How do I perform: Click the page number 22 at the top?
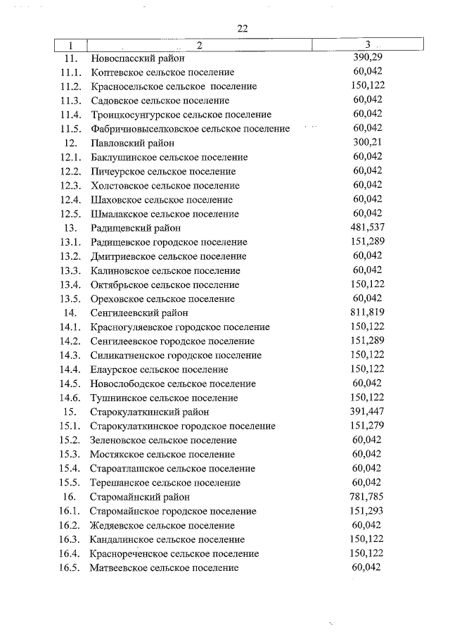coord(243,28)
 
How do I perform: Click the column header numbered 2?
coord(199,45)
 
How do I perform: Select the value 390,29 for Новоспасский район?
coord(366,58)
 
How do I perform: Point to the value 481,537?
coord(366,227)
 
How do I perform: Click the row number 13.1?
coord(72,242)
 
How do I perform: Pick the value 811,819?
coord(366,313)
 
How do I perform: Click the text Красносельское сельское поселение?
coord(174,87)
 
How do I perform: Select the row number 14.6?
coord(72,398)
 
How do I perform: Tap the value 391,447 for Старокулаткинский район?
coord(366,412)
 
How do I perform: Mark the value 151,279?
coord(366,426)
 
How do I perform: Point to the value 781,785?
coord(366,497)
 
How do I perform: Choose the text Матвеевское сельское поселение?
coord(165,568)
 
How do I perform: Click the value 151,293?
coord(366,511)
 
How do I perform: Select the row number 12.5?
coord(72,214)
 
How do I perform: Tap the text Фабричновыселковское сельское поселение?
coord(190,129)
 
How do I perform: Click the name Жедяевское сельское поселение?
coord(162,526)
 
